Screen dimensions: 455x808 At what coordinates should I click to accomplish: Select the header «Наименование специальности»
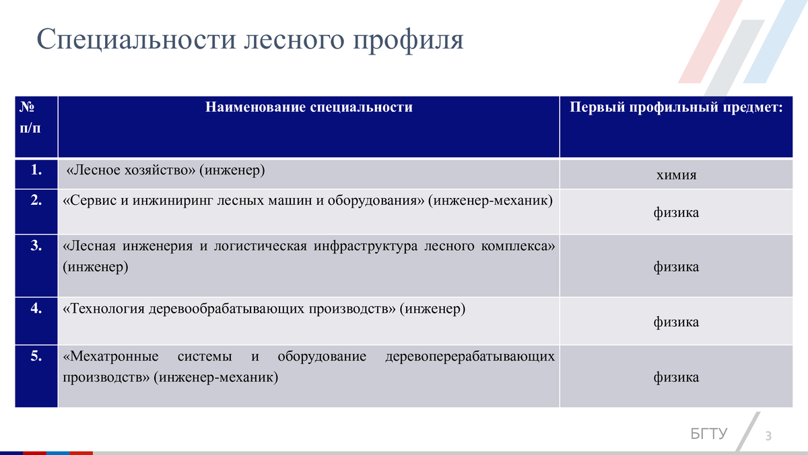tap(309, 107)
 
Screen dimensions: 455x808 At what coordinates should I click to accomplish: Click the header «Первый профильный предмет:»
tap(677, 107)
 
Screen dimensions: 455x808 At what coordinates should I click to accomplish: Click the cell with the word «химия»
tap(676, 175)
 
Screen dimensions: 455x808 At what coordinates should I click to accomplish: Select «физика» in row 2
tap(676, 213)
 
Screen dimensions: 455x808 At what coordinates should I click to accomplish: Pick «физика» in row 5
tap(676, 377)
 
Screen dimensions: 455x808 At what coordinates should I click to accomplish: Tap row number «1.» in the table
tap(37, 170)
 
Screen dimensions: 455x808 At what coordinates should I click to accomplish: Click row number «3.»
tap(37, 245)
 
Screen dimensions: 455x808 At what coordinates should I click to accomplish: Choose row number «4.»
tap(37, 309)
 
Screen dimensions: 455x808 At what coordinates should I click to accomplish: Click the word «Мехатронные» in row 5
tap(111, 355)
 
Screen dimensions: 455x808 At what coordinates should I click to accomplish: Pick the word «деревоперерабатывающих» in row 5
tap(470, 355)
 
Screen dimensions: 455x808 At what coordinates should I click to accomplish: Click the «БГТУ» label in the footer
tap(709, 433)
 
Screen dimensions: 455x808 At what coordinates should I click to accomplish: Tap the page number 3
tap(768, 436)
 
